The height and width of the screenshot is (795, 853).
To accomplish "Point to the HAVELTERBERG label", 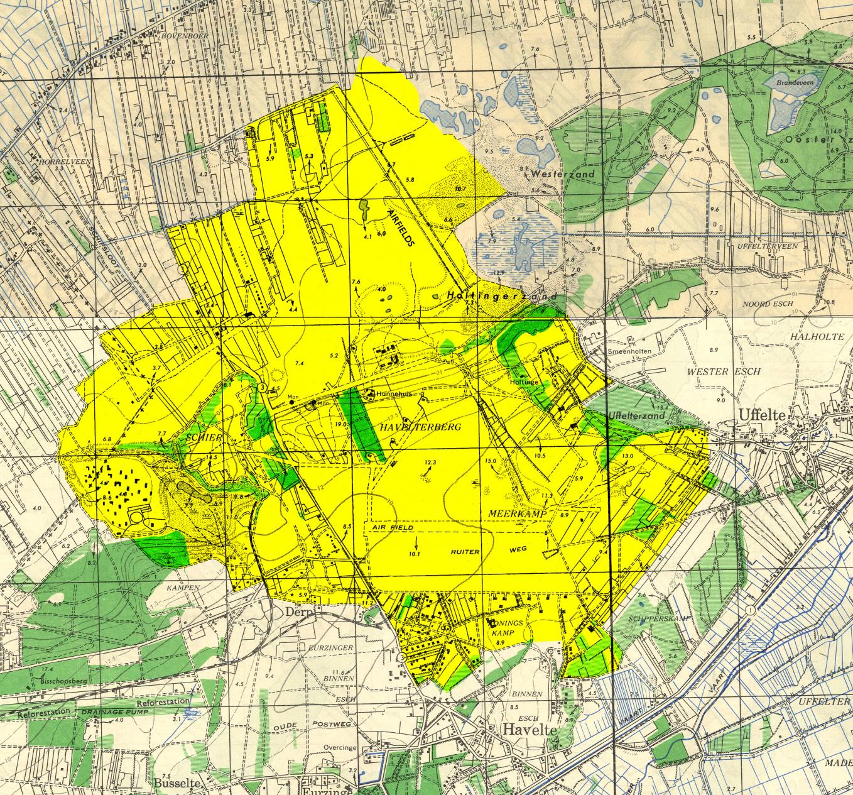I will pos(421,427).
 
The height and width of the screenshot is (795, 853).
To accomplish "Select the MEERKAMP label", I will pos(515,513).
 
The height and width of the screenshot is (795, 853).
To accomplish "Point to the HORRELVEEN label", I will pos(65,162).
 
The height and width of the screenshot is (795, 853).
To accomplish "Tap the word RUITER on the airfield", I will pos(465,551).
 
